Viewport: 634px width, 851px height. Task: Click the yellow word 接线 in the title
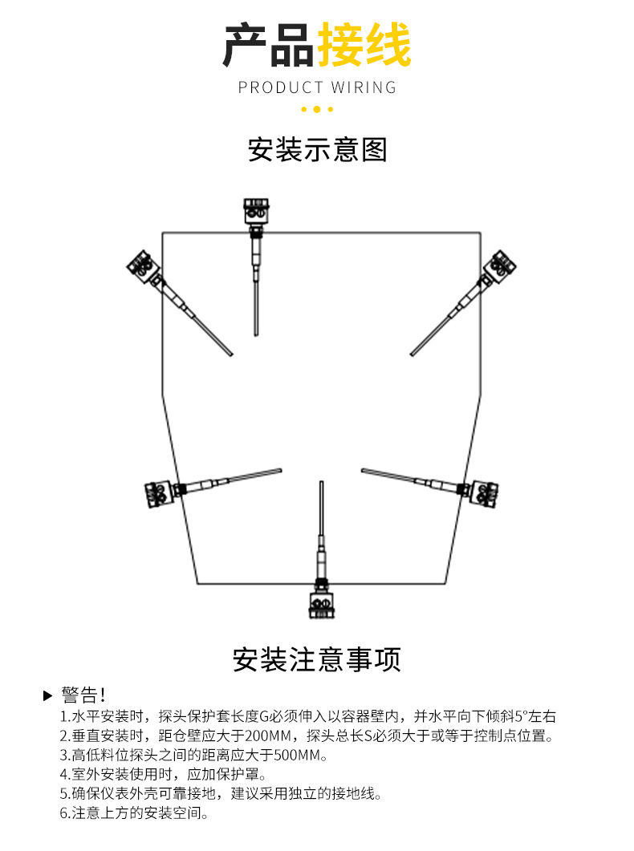pos(364,45)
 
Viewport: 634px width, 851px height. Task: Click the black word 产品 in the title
pos(269,45)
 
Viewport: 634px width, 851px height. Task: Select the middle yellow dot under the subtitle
pos(317,109)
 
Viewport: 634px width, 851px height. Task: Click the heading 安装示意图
pos(317,150)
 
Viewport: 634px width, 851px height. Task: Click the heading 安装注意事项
pos(317,659)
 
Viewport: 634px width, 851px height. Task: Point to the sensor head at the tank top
pos(257,213)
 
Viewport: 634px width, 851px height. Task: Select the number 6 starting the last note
pos(64,813)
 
